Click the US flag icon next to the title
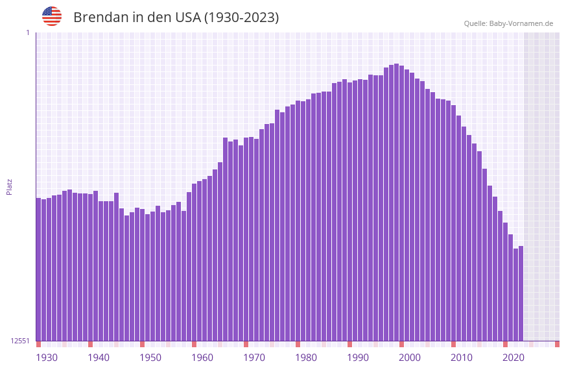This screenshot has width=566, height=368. (52, 16)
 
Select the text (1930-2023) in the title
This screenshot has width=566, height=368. (241, 18)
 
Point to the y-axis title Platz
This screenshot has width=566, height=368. (9, 186)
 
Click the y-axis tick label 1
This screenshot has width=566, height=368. (28, 32)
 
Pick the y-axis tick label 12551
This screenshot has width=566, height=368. (21, 341)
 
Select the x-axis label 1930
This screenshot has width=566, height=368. (47, 358)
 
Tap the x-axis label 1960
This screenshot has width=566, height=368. (202, 358)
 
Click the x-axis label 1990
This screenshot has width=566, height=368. (358, 358)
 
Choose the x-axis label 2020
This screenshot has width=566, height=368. (513, 358)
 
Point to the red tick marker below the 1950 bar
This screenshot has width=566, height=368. (142, 344)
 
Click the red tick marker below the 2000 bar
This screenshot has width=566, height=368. (401, 344)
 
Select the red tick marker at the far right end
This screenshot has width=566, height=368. (557, 344)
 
